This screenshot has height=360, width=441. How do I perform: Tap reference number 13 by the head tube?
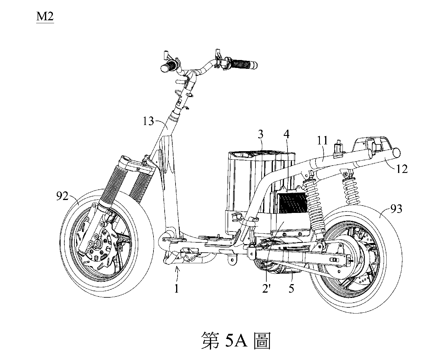(149, 121)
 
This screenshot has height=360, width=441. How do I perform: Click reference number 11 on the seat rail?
(323, 141)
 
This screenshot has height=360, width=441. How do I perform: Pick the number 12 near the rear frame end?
(402, 169)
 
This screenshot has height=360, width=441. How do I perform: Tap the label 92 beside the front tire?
(63, 196)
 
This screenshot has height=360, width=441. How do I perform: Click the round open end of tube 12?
(397, 152)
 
